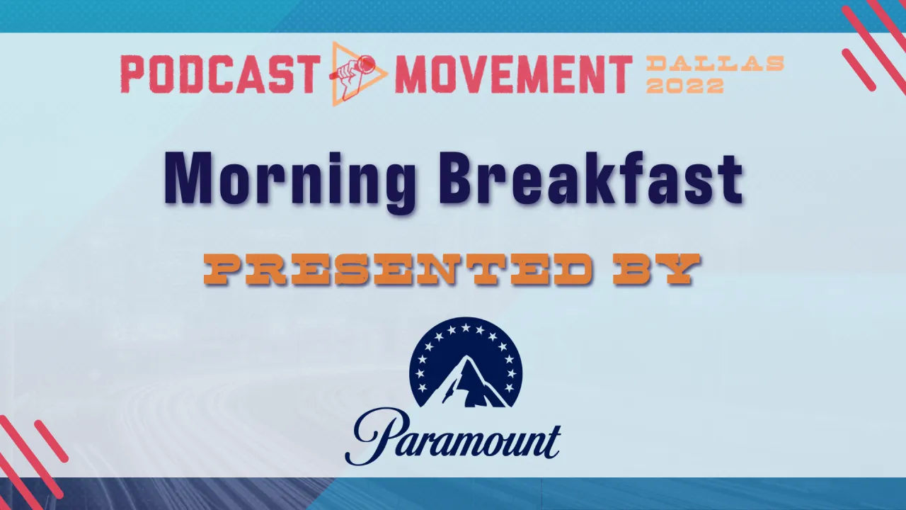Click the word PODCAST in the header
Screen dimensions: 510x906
point(217,74)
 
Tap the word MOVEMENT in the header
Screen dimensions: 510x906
point(513,74)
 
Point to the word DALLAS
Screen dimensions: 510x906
point(715,64)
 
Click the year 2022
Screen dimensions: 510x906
point(684,86)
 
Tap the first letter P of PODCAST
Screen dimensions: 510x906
point(134,74)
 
